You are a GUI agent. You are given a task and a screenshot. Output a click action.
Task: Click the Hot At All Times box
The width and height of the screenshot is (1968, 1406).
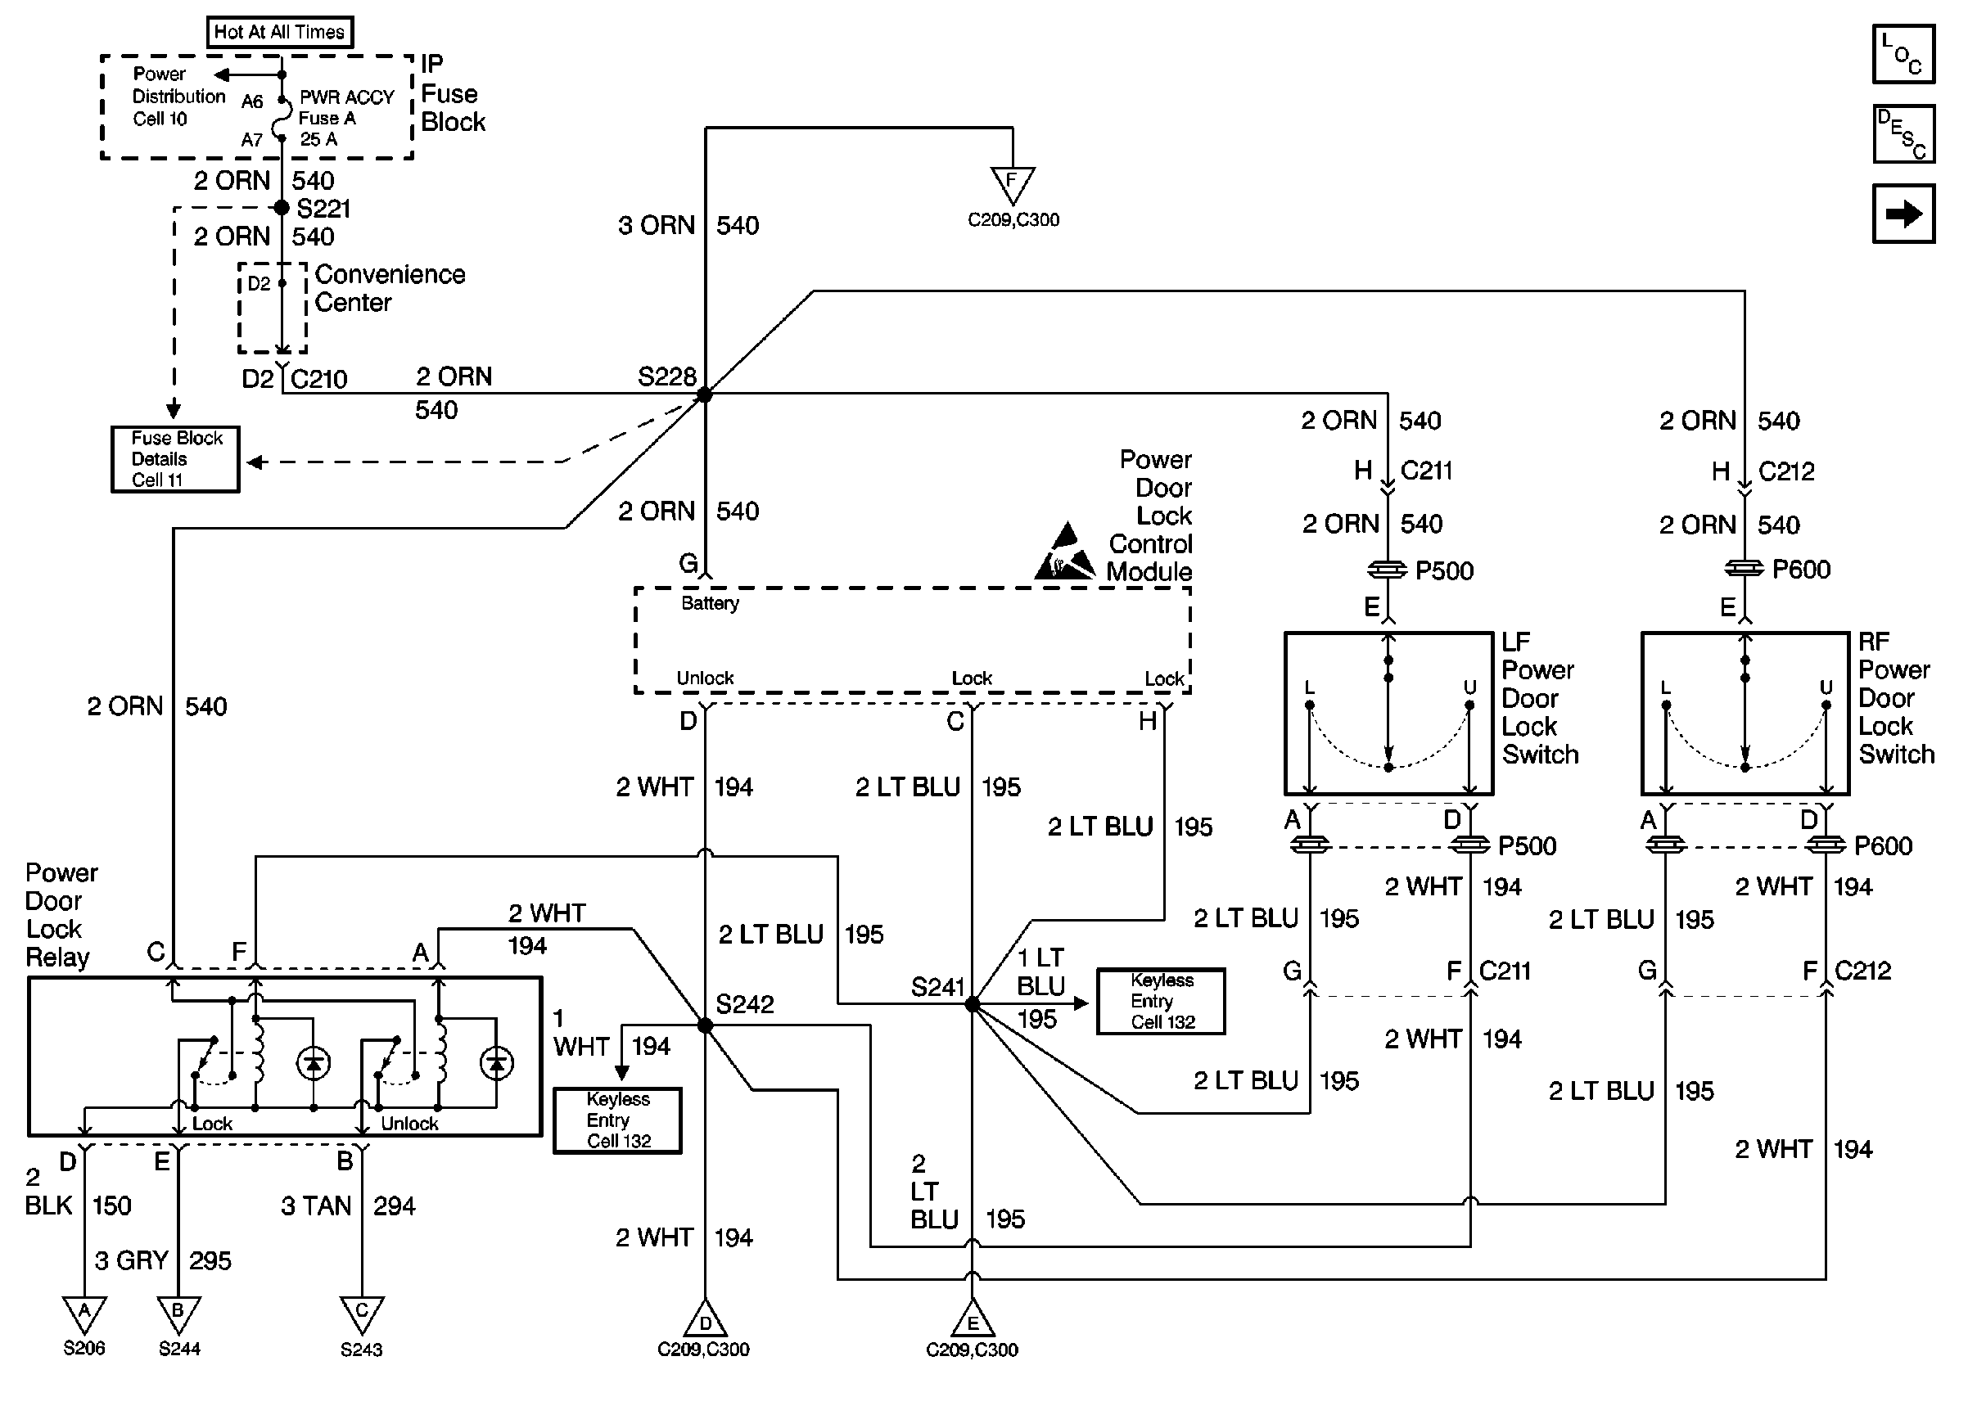pyautogui.click(x=279, y=32)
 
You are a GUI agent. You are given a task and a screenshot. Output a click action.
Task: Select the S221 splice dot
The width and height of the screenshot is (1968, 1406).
pyautogui.click(x=282, y=208)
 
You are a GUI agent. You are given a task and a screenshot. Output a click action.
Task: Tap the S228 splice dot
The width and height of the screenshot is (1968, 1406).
pyautogui.click(x=705, y=394)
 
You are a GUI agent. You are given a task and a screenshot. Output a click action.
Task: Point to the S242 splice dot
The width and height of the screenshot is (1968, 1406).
pyautogui.click(x=705, y=1025)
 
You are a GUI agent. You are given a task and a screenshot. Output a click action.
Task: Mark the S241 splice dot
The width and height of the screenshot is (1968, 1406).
pyautogui.click(x=972, y=1004)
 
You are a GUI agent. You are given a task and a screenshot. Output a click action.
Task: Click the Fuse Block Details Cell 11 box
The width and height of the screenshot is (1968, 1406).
pyautogui.click(x=176, y=460)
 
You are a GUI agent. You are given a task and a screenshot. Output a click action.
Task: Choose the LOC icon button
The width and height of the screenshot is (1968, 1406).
pyautogui.click(x=1903, y=55)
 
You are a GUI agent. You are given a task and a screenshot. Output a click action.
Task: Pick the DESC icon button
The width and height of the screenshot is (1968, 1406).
pyautogui.click(x=1903, y=134)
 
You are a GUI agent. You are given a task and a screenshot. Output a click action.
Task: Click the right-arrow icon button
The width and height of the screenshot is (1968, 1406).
pyautogui.click(x=1903, y=214)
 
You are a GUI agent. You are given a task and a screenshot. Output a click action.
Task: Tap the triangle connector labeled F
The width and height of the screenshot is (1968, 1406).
pyautogui.click(x=1012, y=183)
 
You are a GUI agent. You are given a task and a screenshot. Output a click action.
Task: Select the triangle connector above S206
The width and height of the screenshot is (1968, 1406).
pyautogui.click(x=84, y=1314)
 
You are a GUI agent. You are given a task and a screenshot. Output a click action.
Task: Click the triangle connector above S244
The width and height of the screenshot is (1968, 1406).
pyautogui.click(x=178, y=1314)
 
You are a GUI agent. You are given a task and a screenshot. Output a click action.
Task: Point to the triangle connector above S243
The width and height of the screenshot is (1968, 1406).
pyautogui.click(x=361, y=1314)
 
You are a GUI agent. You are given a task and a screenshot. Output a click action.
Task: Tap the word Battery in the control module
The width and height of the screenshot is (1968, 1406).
pyautogui.click(x=710, y=603)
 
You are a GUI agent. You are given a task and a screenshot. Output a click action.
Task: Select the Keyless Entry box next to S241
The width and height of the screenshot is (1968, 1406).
pyautogui.click(x=1161, y=1002)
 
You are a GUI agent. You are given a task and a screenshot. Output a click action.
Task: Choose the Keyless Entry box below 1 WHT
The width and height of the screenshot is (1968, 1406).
pyautogui.click(x=618, y=1120)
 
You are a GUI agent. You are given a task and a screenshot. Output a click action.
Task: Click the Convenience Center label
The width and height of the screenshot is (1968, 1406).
pyautogui.click(x=390, y=288)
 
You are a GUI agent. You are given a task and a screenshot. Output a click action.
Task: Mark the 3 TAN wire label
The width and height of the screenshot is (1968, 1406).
pyautogui.click(x=316, y=1206)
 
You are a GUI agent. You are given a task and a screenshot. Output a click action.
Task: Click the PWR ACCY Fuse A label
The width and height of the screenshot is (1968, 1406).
pyautogui.click(x=345, y=108)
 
